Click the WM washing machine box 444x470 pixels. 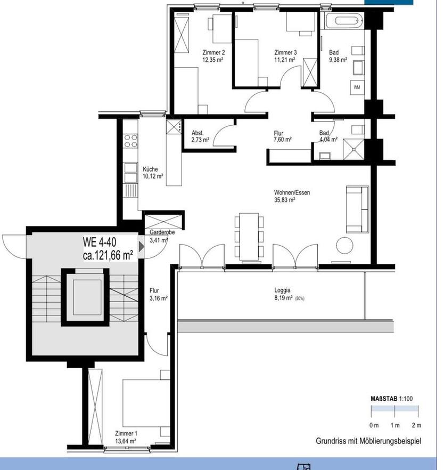tap(356, 87)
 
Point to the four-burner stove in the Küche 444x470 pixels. tap(130, 141)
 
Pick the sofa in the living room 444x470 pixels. tap(357, 209)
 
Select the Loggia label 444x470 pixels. tap(282, 290)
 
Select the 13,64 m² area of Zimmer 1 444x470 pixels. tap(126, 441)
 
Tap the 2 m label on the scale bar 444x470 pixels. tap(416, 425)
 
